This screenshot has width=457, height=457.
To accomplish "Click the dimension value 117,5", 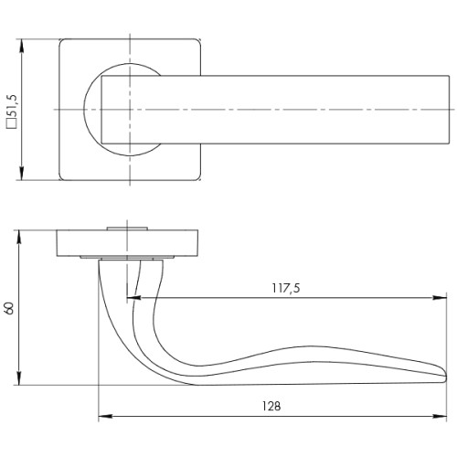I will click(x=286, y=289).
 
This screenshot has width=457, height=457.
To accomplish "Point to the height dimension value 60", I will click(x=10, y=308).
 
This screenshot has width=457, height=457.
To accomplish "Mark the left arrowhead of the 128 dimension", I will click(x=101, y=418).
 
